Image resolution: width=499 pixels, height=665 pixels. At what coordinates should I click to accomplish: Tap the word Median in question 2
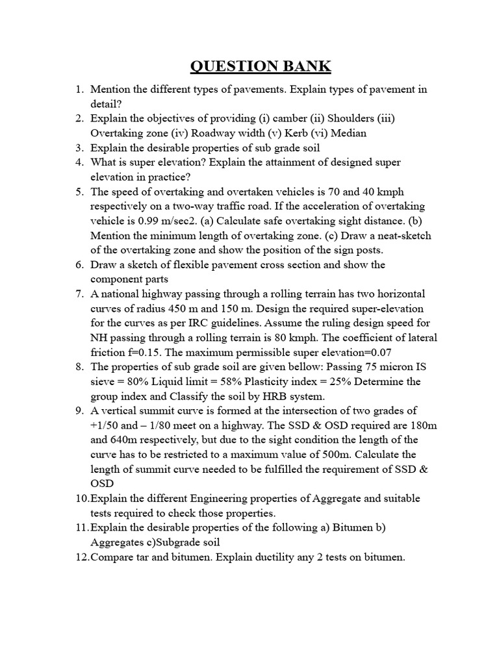[350, 133]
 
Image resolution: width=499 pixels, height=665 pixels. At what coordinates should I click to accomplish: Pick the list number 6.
[79, 265]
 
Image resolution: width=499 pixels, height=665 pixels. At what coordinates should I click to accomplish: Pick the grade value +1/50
[104, 425]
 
